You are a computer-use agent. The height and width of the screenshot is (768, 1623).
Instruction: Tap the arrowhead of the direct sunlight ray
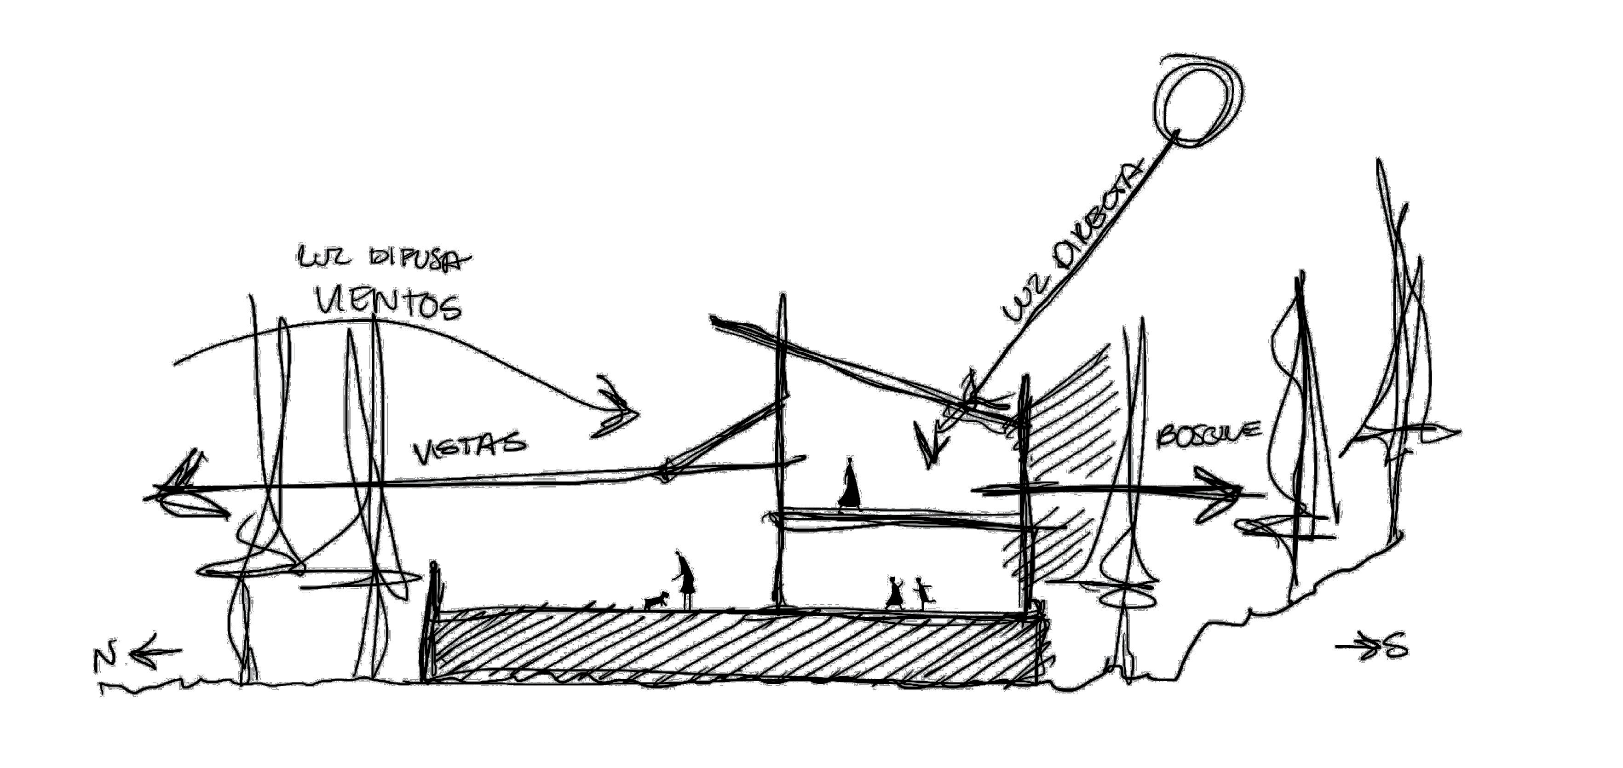929,447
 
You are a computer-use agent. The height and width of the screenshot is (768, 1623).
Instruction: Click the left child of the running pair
895,594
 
